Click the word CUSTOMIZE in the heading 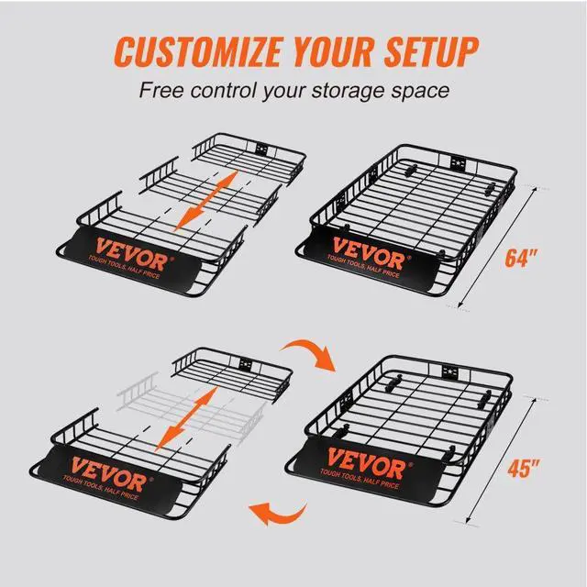(179, 50)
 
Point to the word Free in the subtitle (161, 91)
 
